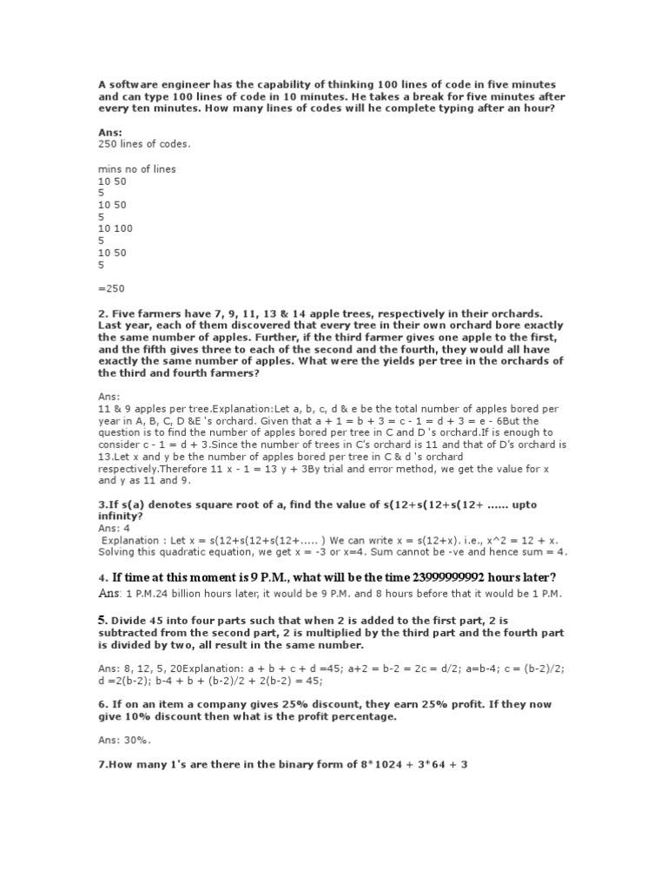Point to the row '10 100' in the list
[115, 229]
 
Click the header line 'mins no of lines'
[137, 169]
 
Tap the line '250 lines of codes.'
[143, 144]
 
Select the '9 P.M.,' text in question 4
[269, 578]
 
